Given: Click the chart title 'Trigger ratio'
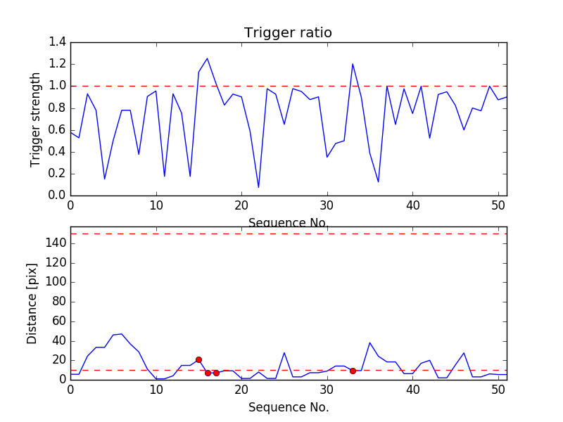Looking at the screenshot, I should point(288,33).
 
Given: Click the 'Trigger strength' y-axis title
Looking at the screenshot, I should point(36,119).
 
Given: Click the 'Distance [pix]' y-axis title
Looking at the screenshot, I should point(32,303).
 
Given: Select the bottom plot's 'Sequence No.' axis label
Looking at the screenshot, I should point(288,407).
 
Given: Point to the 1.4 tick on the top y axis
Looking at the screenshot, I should point(57,42).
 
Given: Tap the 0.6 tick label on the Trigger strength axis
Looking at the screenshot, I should point(57,129).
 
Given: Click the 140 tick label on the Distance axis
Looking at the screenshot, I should point(55,243).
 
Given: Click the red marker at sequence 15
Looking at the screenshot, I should point(198,359).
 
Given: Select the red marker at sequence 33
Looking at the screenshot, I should point(353,371).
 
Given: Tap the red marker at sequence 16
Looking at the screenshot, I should point(208,373).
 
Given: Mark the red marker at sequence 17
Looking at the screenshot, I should point(216,373).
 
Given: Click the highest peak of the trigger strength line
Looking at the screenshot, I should point(207,58).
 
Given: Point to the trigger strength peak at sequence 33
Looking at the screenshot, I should point(353,64).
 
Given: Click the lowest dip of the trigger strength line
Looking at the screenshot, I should point(258,187).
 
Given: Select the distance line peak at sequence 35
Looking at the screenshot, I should point(369,343).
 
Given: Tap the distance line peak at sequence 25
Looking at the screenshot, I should point(284,352).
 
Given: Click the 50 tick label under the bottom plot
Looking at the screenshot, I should point(498,390).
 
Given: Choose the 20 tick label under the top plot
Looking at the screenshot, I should point(241,206).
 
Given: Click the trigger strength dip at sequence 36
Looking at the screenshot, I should point(378,182).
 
